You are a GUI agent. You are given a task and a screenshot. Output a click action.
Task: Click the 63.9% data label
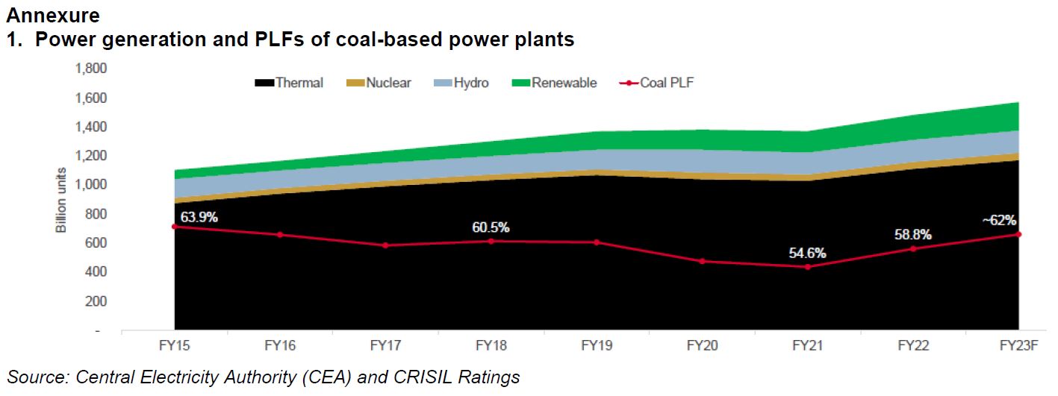192,218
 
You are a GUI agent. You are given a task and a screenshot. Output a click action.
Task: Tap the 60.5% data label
491,227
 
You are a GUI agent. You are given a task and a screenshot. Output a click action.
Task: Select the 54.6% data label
808,254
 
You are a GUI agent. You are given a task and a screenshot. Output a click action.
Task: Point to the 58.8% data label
913,235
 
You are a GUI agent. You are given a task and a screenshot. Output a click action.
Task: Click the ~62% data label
999,221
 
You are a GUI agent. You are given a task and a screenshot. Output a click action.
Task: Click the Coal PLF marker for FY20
703,261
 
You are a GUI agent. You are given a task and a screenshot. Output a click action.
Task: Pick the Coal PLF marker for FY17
385,245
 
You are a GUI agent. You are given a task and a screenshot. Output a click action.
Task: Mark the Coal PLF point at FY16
280,234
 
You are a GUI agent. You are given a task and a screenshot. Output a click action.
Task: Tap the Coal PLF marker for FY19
597,242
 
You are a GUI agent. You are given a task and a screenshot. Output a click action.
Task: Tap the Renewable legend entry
556,84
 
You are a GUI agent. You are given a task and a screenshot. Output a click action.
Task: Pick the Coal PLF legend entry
658,84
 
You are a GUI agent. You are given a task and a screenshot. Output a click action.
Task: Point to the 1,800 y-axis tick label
92,69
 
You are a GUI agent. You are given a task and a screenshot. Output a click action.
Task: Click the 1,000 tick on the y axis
92,185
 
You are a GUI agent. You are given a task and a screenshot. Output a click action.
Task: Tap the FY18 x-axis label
491,346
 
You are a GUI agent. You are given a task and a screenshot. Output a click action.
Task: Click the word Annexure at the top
52,14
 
